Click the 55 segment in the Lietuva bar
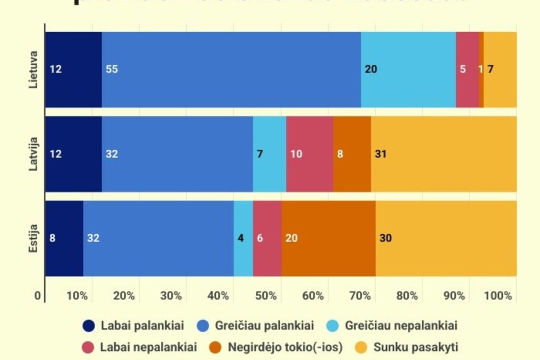(231, 70)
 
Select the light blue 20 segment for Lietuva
(408, 70)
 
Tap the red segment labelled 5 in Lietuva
(467, 70)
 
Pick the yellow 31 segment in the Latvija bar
(443, 154)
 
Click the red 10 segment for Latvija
(309, 154)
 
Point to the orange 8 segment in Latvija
(352, 154)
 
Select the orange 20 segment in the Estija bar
(328, 238)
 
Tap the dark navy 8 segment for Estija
(64, 238)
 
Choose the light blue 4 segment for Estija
(243, 238)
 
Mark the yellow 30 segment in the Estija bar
(446, 238)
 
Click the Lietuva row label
(33, 70)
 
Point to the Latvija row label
(33, 154)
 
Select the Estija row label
(33, 238)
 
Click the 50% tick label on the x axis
(266, 296)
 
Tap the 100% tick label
(498, 296)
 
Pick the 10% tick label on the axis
(77, 296)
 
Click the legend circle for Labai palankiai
(89, 326)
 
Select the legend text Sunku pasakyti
(415, 347)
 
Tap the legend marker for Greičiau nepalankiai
(333, 326)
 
